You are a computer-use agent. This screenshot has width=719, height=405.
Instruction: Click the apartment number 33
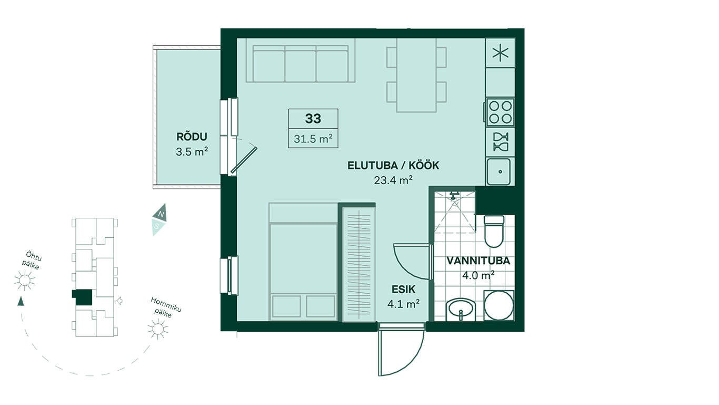[x=313, y=119]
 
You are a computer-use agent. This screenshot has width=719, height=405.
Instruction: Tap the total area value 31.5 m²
[x=313, y=139]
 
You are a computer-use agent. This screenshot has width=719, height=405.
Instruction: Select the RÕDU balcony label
[x=192, y=137]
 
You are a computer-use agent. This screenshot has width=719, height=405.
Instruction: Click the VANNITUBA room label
[x=478, y=261]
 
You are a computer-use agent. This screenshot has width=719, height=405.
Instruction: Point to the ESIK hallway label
[x=404, y=290]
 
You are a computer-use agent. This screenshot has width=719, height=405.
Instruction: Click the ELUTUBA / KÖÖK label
[x=393, y=166]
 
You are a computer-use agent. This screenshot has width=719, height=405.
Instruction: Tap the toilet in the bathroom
[x=494, y=232]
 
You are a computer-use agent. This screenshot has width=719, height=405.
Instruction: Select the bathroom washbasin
[x=461, y=310]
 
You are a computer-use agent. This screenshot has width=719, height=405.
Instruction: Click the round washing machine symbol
[x=498, y=305]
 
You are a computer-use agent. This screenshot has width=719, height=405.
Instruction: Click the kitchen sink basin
[x=498, y=172]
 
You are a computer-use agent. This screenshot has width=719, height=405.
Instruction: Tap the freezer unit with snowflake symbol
[x=501, y=53]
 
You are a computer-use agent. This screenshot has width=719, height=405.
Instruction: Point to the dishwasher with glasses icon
[x=501, y=142]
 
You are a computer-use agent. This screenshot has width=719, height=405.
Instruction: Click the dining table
[x=416, y=75]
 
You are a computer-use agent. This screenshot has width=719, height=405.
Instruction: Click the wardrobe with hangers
[x=358, y=264]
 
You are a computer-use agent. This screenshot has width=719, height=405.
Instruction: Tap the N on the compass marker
[x=162, y=214]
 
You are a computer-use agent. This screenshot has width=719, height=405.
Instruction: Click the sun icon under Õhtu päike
[x=24, y=281]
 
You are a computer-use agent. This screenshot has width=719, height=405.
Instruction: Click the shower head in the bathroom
[x=454, y=195]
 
